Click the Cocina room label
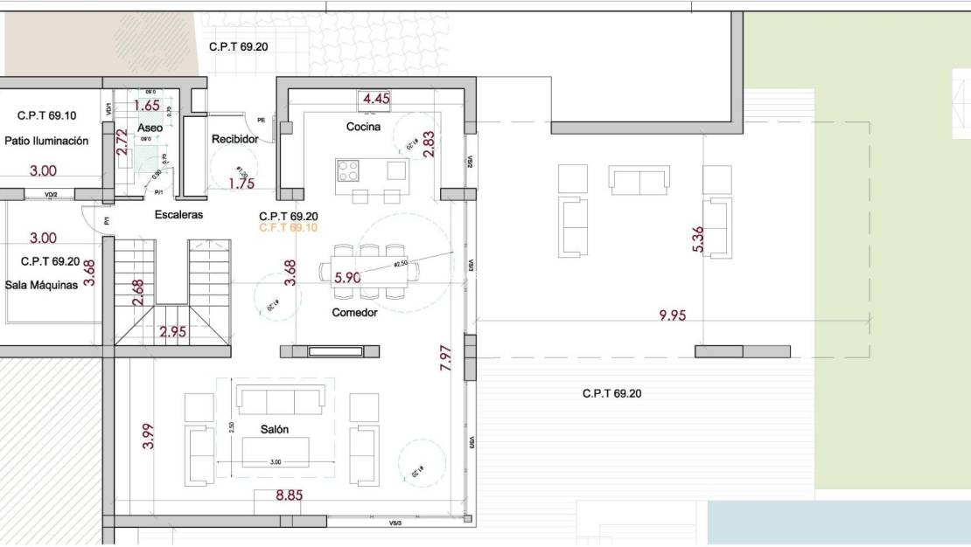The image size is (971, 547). [x=363, y=127]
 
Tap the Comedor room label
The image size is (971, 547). [x=354, y=312]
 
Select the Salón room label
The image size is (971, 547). [x=274, y=429]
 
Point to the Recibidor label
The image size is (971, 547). [x=234, y=140]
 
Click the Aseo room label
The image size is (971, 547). [x=150, y=128]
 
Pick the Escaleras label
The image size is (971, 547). [x=178, y=214]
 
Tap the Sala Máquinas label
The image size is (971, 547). [x=41, y=284]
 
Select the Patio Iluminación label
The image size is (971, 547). [x=46, y=141]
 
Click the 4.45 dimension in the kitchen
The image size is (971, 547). [x=376, y=99]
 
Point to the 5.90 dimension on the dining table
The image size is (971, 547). [x=347, y=278]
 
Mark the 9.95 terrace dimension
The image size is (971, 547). [x=672, y=316]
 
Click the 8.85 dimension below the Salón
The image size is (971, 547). [x=289, y=496]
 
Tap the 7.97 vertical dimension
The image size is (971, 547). [x=445, y=358]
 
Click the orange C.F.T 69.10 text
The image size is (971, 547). [x=289, y=227]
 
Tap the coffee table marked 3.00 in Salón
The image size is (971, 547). [x=275, y=450]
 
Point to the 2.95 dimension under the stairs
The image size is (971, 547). [x=172, y=332]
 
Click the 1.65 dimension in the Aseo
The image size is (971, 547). [x=147, y=106]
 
